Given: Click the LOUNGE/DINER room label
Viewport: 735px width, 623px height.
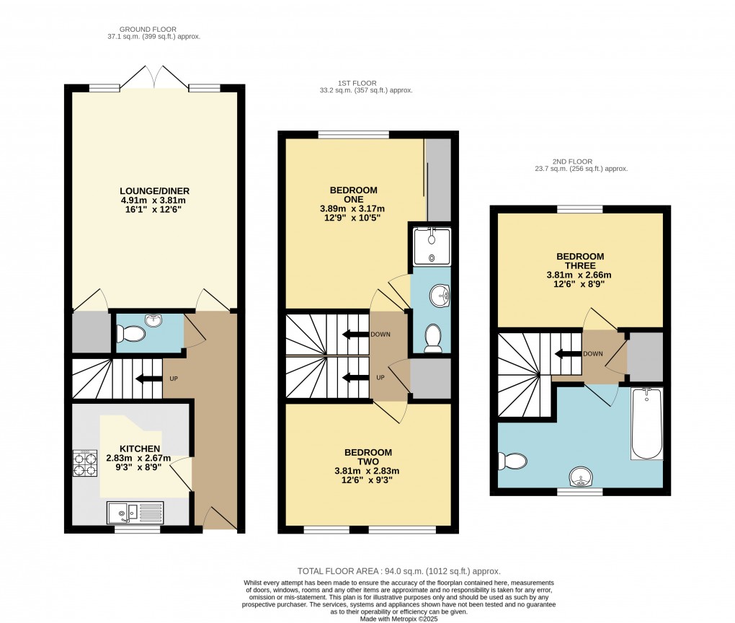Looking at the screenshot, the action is [155, 191].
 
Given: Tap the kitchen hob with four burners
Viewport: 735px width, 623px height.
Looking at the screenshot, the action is [85, 464].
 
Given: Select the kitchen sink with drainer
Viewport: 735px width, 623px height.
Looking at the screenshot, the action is [135, 512].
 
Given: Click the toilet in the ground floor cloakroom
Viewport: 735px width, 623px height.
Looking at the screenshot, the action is [130, 335].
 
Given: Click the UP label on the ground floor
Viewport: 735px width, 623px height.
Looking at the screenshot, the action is [174, 379].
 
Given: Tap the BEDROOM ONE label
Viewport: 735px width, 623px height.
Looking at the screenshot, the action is [353, 195].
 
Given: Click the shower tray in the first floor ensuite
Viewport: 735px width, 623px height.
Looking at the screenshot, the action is [432, 247].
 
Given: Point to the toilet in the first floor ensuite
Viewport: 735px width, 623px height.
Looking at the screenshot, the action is [432, 339].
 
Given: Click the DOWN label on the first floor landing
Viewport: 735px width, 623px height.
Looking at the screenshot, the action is [380, 335].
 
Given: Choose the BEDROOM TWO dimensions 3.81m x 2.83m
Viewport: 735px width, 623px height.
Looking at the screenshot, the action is [367, 471].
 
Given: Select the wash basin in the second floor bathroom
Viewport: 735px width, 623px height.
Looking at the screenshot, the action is [581, 477].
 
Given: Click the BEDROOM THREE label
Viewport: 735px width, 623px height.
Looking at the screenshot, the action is [580, 261].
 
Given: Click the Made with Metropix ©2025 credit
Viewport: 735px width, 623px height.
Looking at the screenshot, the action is [399, 619].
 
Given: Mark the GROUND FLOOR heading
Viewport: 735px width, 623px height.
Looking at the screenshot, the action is [148, 29].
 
